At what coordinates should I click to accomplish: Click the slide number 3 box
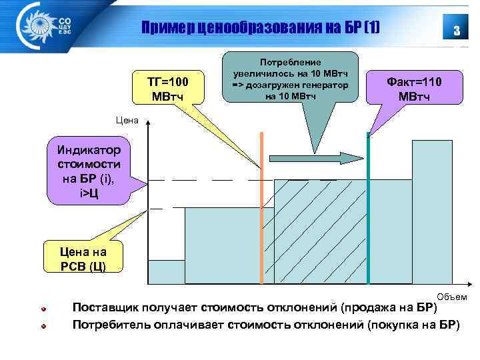[x=456, y=30]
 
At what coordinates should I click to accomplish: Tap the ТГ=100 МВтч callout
[x=167, y=88]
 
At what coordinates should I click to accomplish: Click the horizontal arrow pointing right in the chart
[x=314, y=158]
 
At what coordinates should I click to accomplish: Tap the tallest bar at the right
[x=432, y=213]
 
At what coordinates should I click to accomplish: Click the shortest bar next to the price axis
[x=165, y=273]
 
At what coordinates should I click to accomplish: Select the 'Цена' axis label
[x=127, y=121]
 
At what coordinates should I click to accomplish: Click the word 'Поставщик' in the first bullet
[x=107, y=308]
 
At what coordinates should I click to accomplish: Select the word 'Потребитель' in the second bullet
[x=111, y=325]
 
